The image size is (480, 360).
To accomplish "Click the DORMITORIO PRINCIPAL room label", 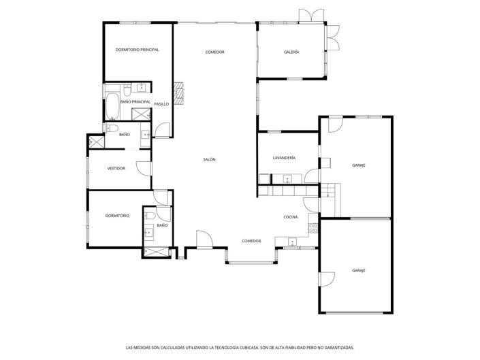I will pyautogui.click(x=137, y=50).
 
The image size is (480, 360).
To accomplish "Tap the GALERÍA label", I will pyautogui.click(x=291, y=52).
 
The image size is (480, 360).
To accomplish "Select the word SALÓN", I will pyautogui.click(x=209, y=159).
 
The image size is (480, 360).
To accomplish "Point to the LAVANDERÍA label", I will pyautogui.click(x=284, y=158).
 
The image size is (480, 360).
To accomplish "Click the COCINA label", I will pyautogui.click(x=291, y=217).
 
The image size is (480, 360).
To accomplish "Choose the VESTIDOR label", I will pyautogui.click(x=116, y=168).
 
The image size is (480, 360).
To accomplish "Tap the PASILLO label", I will pyautogui.click(x=161, y=104).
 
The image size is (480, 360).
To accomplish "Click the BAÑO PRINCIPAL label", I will pyautogui.click(x=135, y=101).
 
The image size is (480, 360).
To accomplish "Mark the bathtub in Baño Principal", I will pyautogui.click(x=112, y=105).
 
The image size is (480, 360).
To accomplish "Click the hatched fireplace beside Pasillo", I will pyautogui.click(x=179, y=94).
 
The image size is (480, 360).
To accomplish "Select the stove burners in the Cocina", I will pyautogui.click(x=314, y=227).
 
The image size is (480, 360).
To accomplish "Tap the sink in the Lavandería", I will pyautogui.click(x=287, y=180).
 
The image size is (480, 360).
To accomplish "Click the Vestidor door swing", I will pyautogui.click(x=142, y=168).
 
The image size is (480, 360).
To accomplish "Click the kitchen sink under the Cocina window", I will pyautogui.click(x=292, y=241).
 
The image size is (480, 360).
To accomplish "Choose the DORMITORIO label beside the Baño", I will pyautogui.click(x=117, y=216).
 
